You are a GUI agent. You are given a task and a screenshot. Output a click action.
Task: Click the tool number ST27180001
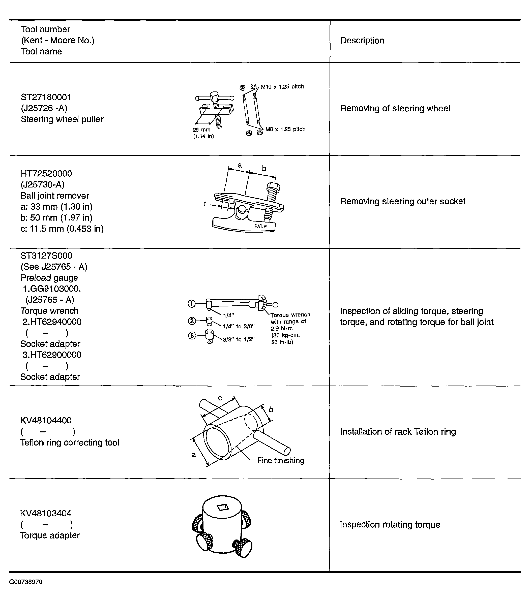coord(46,97)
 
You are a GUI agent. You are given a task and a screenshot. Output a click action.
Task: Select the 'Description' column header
coord(362,40)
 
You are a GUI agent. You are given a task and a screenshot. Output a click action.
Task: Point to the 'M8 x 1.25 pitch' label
coord(285,129)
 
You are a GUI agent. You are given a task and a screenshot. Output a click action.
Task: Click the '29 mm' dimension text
coord(202,130)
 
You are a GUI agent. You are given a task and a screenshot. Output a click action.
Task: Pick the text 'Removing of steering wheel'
coord(395,108)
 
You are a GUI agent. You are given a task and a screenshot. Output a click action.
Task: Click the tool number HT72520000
coord(46,173)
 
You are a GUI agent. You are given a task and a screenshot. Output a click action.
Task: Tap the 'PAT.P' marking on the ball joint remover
coord(260,227)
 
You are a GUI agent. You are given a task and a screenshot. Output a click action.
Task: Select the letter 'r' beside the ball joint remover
coord(205,203)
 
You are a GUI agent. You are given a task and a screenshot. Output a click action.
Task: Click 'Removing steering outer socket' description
coord(402,201)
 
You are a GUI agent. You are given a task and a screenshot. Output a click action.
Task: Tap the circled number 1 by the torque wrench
coord(192,304)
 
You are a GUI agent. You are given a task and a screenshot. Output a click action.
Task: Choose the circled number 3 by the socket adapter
coord(192,335)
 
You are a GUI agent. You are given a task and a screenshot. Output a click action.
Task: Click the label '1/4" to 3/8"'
coord(239,326)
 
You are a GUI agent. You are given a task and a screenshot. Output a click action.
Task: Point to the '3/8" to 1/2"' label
coord(239,339)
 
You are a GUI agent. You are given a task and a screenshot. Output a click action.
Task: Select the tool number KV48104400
coord(46,420)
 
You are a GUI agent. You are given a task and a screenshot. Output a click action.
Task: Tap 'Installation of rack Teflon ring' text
coord(398,432)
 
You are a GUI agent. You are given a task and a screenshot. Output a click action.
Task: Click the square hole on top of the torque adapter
coord(223,507)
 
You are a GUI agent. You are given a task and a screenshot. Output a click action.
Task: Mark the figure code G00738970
coord(26,582)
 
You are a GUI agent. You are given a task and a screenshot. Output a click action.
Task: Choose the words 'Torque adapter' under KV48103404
coord(50,535)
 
